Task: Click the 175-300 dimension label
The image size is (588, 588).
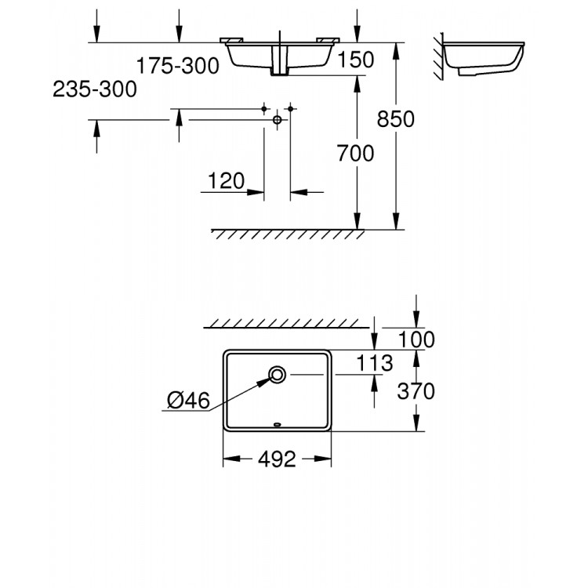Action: point(177,66)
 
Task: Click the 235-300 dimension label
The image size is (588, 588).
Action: point(95,89)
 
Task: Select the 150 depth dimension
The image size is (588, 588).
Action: point(355,60)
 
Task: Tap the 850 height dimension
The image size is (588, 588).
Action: point(396,119)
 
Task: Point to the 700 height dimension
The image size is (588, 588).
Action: point(355,154)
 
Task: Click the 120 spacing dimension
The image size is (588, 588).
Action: point(226,181)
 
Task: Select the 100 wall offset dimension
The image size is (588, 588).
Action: point(416,339)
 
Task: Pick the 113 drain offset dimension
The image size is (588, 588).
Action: point(374,363)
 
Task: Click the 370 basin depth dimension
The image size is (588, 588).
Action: point(416,391)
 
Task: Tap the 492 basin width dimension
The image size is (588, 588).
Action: point(277,459)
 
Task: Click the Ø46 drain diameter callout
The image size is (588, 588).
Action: point(188,400)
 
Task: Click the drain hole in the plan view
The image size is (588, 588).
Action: point(277,374)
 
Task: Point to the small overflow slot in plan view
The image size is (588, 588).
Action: point(277,424)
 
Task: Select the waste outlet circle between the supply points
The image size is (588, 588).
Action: point(277,120)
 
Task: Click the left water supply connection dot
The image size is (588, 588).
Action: point(264,109)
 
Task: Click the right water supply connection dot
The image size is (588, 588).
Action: point(290,109)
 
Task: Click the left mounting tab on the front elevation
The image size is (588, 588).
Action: point(231,40)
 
